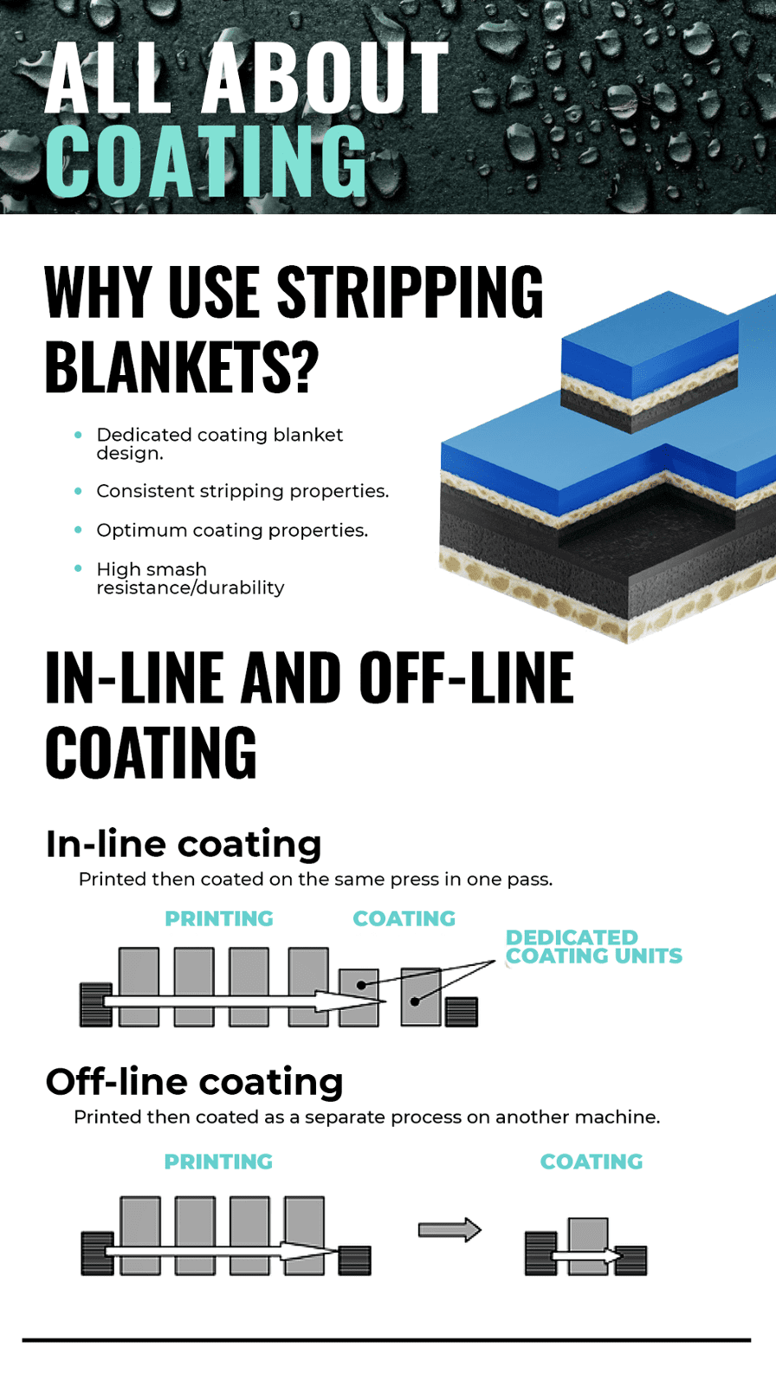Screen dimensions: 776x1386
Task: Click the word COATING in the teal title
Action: pos(206,161)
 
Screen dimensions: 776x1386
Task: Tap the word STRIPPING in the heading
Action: pos(410,291)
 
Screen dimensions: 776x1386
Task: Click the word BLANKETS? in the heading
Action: pos(182,366)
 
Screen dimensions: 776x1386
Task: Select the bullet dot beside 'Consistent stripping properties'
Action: pos(78,491)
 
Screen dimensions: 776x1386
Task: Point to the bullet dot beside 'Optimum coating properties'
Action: pos(78,530)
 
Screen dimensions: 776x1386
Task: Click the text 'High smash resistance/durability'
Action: pos(190,578)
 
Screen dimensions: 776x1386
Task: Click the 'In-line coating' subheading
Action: pos(184,844)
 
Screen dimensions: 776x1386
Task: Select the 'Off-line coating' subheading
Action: pos(194,1082)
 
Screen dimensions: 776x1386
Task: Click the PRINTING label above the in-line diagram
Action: pos(219,919)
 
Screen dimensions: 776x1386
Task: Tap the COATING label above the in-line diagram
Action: pos(404,919)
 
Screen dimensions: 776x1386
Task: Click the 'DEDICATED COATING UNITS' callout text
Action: pos(594,947)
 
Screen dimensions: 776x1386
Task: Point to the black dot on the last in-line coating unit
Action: pos(415,1001)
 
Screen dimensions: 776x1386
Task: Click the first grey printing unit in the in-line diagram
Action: pos(139,987)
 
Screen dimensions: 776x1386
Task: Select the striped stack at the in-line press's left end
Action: pos(96,1005)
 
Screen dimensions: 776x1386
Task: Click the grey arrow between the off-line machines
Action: pos(449,1229)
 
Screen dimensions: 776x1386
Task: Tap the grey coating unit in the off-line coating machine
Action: pos(588,1247)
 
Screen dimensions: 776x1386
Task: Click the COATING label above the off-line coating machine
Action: pos(592,1162)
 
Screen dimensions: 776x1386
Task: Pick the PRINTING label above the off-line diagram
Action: pos(218,1162)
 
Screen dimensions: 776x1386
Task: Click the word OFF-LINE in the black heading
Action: pos(467,677)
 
